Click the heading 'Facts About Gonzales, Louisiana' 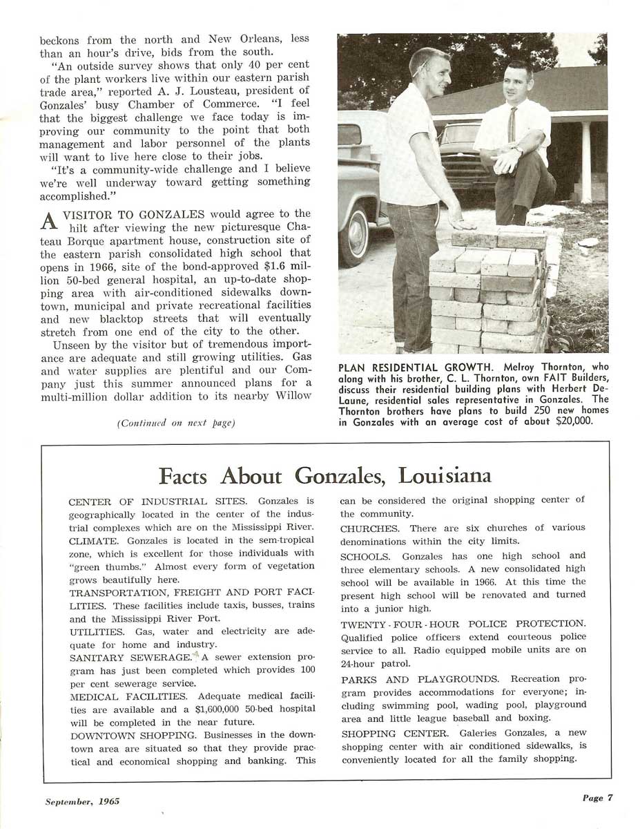[324, 475]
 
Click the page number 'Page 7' [597, 798]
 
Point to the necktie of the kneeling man [512, 125]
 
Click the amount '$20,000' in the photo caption [574, 421]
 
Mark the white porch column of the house [586, 162]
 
